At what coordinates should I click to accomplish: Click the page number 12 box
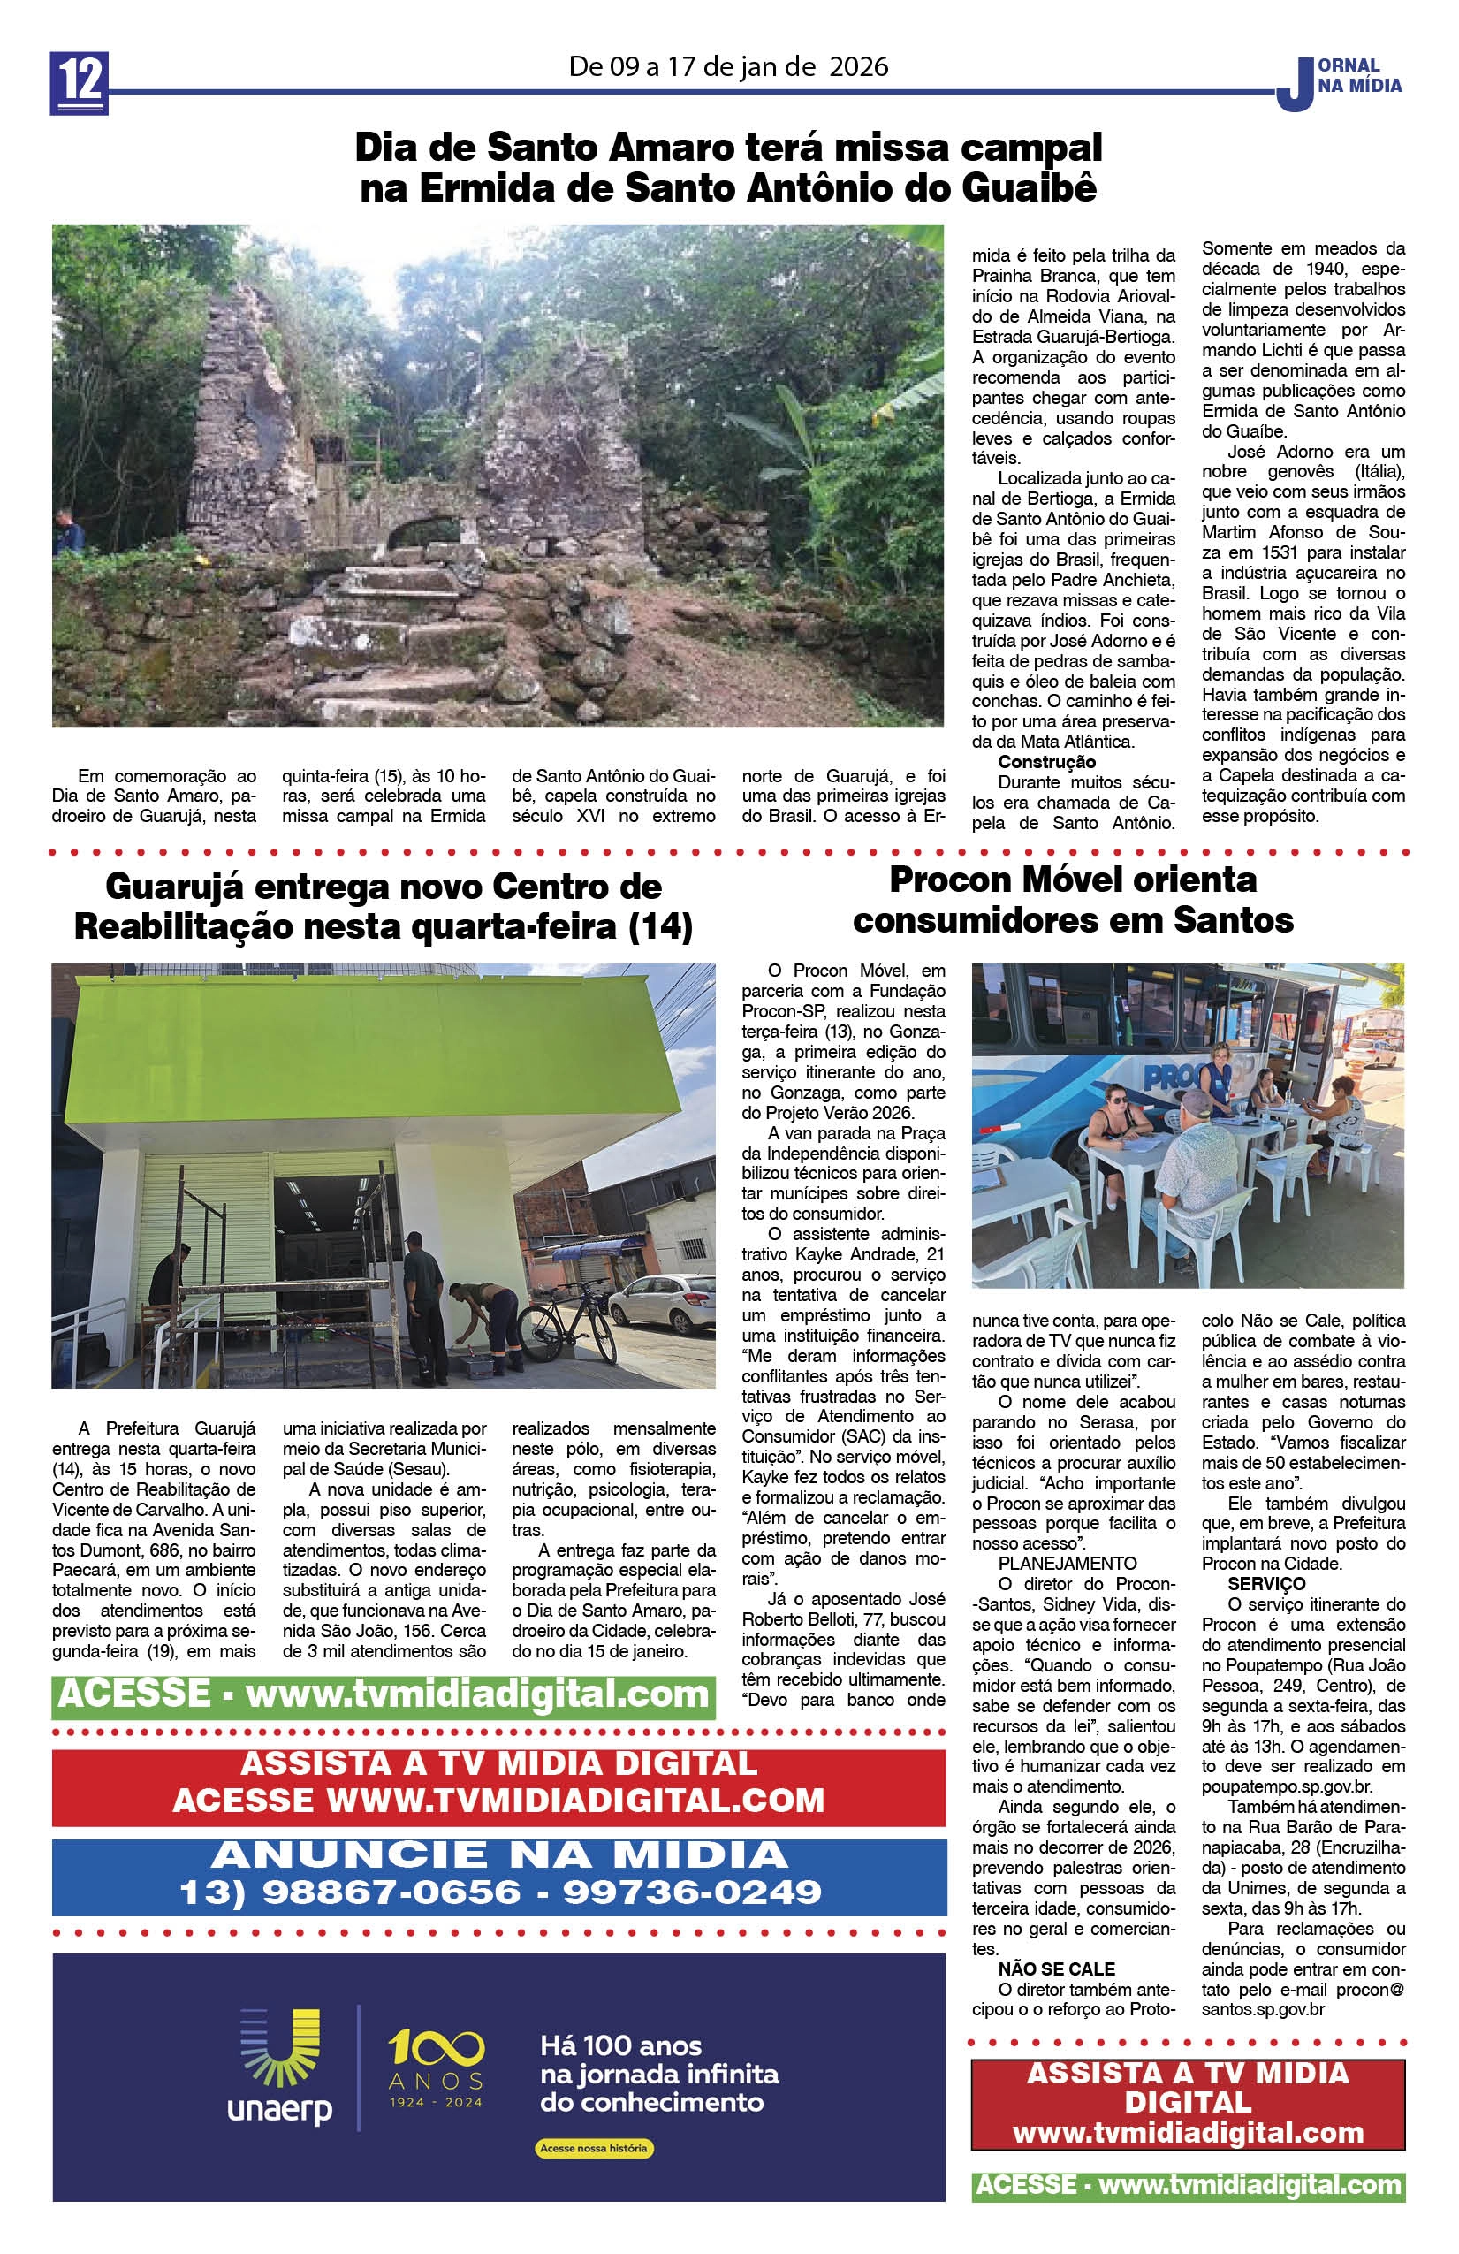pos(79,83)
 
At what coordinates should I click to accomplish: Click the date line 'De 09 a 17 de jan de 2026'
pos(728,66)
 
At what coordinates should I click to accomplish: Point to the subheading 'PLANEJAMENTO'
pos(1067,1564)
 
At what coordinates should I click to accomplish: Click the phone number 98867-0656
pos(391,1892)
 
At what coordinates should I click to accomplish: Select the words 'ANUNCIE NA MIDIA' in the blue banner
pos(499,1855)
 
